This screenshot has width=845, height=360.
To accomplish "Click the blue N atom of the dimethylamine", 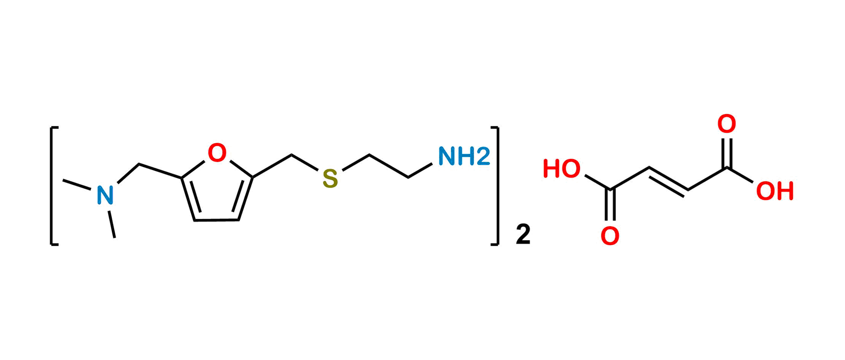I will (x=105, y=195).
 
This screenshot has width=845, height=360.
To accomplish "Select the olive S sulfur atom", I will (x=330, y=179).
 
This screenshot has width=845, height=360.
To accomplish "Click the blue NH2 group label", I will (x=464, y=157).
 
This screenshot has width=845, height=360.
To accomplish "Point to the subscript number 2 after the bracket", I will (x=523, y=234).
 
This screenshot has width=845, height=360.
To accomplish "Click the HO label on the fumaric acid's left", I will (x=562, y=169).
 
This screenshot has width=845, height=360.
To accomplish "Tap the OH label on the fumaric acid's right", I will (x=775, y=191).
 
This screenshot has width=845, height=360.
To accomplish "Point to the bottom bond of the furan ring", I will (x=217, y=220).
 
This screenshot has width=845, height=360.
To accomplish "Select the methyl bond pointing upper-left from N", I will (x=77, y=184).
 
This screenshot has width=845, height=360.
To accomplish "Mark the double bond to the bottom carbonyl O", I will (x=610, y=206).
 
